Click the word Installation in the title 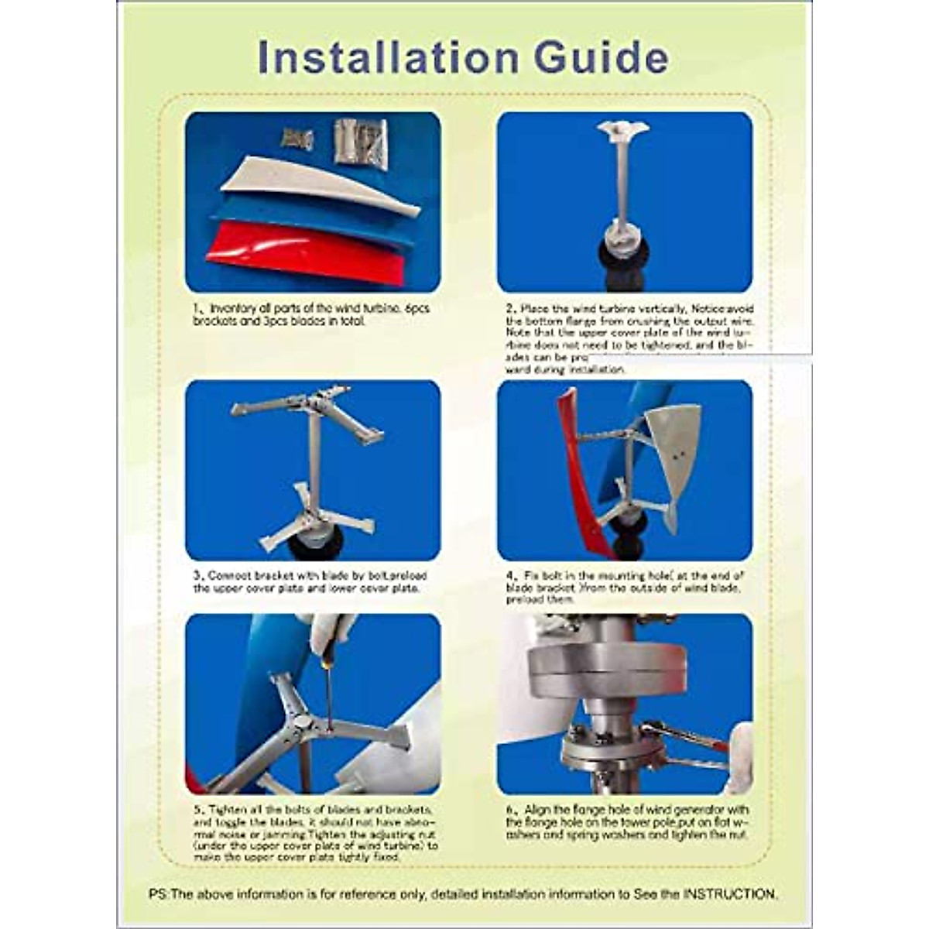tap(387, 58)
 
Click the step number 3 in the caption tap(197, 576)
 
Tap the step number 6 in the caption tap(509, 810)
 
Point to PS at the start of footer tap(157, 894)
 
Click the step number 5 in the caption tap(197, 810)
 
